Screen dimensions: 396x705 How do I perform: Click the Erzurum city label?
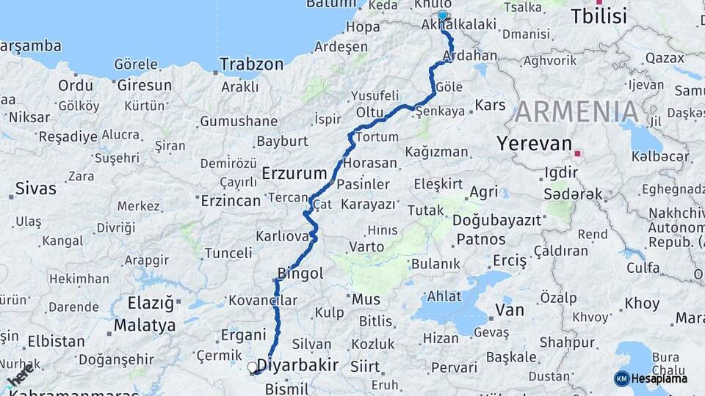[294, 174]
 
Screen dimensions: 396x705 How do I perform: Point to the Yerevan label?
[532, 144]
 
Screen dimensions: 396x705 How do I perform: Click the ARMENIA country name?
[576, 111]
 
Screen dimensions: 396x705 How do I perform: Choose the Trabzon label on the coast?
[251, 64]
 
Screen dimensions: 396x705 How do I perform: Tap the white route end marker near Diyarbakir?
[253, 367]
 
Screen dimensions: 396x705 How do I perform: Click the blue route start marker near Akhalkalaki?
[442, 15]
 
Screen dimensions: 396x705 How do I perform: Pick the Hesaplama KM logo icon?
[622, 378]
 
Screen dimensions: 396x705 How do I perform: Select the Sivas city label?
[35, 188]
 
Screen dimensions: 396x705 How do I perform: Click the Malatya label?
[145, 325]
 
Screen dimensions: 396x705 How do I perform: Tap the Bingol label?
[300, 274]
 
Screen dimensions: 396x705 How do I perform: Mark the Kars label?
[491, 106]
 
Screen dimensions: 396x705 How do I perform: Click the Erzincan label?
[231, 200]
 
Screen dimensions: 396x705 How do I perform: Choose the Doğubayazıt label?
[496, 220]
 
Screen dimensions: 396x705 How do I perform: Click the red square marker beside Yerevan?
[578, 153]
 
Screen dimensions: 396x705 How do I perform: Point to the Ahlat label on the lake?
[444, 296]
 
